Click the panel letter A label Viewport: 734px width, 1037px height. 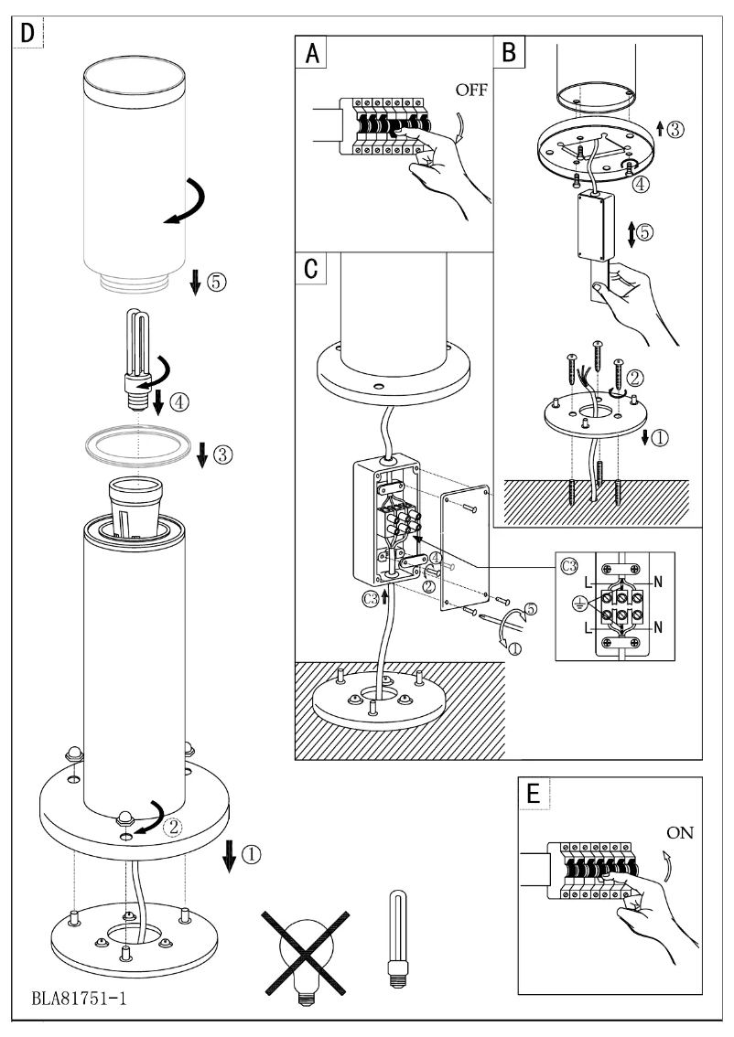coord(312,53)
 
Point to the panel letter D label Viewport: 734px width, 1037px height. coord(28,33)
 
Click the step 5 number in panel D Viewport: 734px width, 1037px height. coord(216,282)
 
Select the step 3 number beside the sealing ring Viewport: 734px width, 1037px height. coord(221,453)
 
